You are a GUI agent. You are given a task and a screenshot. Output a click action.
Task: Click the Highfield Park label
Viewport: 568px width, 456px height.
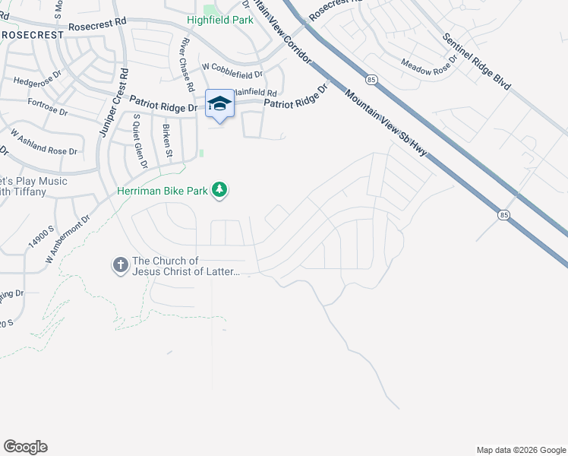221,21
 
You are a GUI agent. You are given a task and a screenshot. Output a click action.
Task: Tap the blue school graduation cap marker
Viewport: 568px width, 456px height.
220,103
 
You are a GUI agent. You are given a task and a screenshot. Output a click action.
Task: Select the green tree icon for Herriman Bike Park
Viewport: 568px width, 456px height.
219,189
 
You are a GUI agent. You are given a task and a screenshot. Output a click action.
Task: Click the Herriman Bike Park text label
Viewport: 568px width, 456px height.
163,192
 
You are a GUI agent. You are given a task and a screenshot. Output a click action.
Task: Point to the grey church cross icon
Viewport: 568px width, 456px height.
120,265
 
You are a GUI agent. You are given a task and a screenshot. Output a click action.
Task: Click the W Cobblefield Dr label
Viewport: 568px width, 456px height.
232,74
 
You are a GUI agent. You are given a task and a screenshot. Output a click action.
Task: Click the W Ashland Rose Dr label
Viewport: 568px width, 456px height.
44,142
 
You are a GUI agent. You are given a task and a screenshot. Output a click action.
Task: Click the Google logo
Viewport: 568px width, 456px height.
25,447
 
